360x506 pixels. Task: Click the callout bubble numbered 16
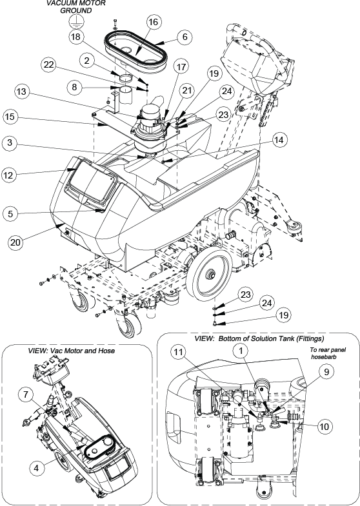pyautogui.click(x=153, y=22)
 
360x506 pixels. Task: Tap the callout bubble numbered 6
pyautogui.click(x=185, y=37)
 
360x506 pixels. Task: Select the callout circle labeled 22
pyautogui.click(x=50, y=65)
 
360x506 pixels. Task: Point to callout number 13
pyautogui.click(x=23, y=92)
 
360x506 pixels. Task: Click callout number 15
pyautogui.click(x=10, y=116)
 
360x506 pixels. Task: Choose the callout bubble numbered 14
pyautogui.click(x=279, y=140)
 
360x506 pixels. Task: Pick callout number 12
pyautogui.click(x=10, y=175)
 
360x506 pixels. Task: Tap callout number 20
pyautogui.click(x=16, y=242)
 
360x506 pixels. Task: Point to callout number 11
pyautogui.click(x=180, y=353)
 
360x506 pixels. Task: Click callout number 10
pyautogui.click(x=324, y=426)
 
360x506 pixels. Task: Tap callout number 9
pyautogui.click(x=326, y=371)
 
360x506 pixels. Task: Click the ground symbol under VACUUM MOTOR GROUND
pyautogui.click(x=75, y=22)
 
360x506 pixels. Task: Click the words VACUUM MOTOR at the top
pyautogui.click(x=76, y=3)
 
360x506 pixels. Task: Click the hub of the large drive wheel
pyautogui.click(x=212, y=275)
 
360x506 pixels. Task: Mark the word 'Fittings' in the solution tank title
pyautogui.click(x=310, y=338)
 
